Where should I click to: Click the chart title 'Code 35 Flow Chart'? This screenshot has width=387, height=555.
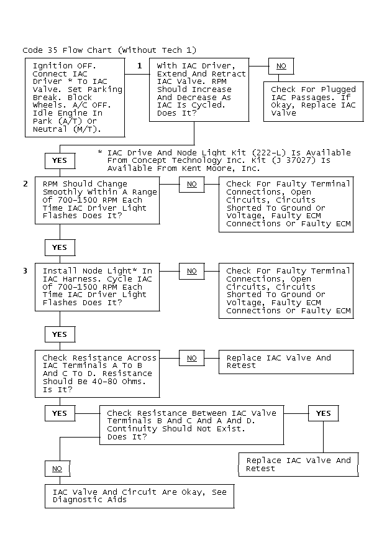(67, 50)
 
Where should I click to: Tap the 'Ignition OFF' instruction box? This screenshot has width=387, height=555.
(75, 98)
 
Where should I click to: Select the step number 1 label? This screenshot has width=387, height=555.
(139, 65)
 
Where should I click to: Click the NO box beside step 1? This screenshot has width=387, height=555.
(281, 66)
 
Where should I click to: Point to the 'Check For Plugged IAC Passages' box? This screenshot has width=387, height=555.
(314, 101)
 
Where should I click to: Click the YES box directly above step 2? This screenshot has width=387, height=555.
(60, 161)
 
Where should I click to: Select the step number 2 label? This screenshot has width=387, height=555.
(25, 184)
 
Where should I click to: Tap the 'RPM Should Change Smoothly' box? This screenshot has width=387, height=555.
(98, 200)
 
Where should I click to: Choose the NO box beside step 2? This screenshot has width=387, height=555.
(192, 185)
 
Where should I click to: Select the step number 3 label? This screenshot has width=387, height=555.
(25, 271)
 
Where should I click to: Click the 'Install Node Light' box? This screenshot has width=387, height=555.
(98, 287)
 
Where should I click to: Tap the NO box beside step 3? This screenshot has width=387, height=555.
(192, 271)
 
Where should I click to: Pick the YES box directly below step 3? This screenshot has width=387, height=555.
(60, 334)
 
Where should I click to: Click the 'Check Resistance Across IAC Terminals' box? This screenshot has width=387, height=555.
(98, 374)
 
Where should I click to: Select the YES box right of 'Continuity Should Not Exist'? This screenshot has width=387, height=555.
(323, 413)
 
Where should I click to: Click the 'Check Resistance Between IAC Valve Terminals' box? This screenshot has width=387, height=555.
(192, 425)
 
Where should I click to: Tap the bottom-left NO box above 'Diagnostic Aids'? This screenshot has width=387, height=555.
(57, 469)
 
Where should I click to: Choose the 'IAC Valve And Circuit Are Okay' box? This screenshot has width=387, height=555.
(140, 496)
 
